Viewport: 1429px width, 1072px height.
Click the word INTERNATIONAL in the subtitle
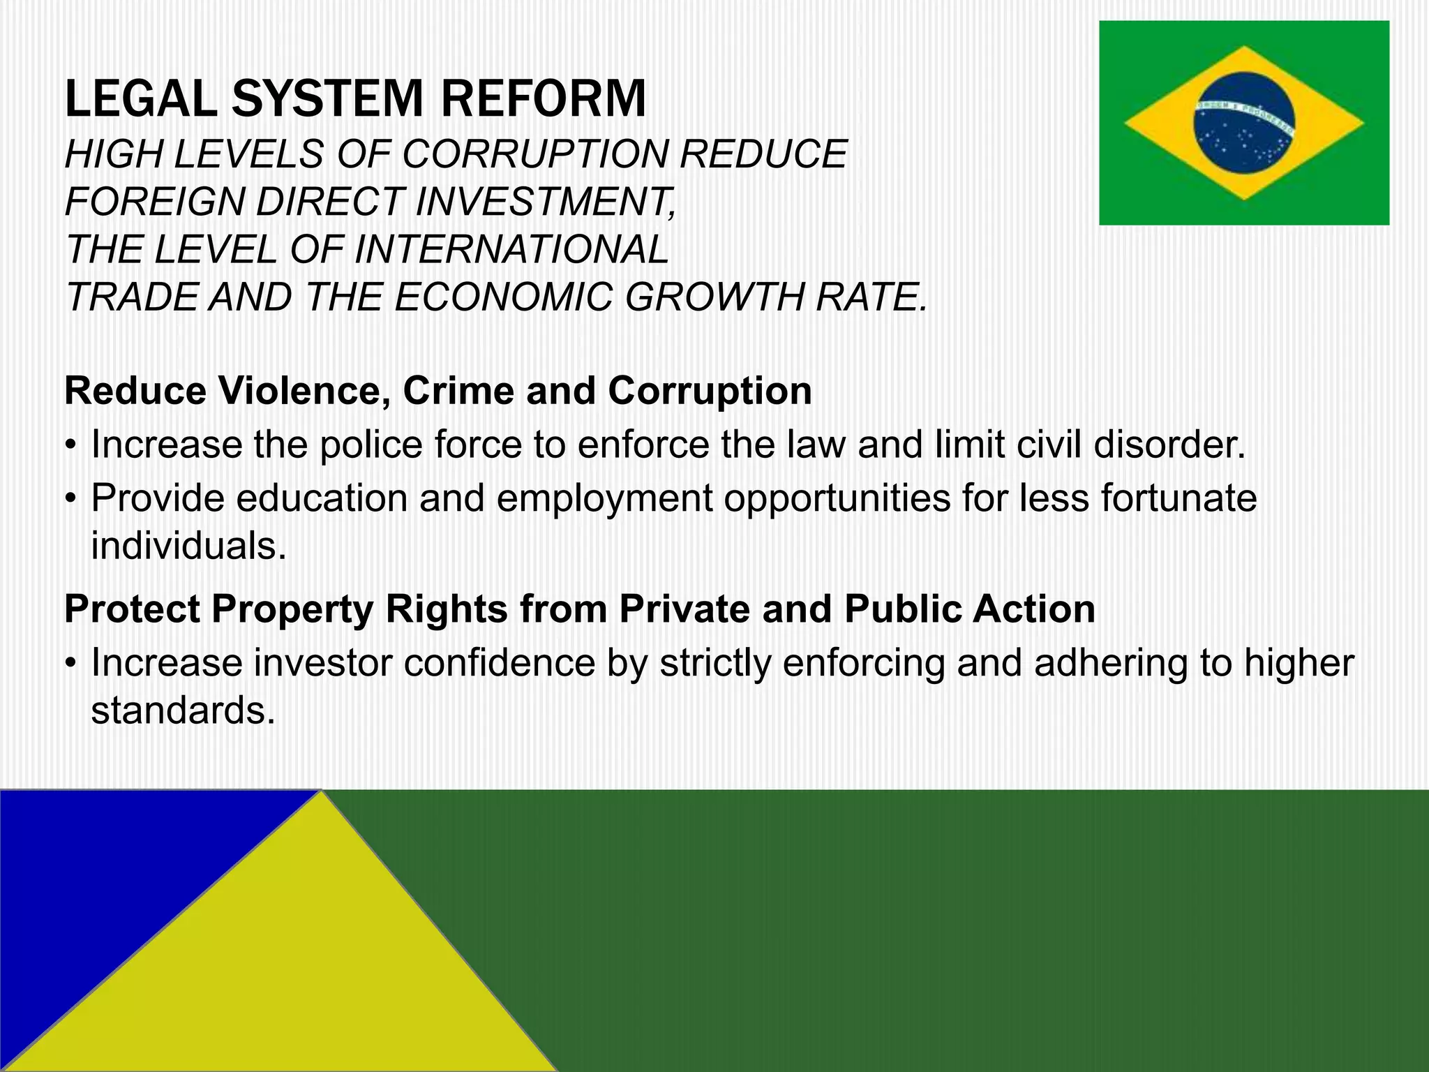(511, 249)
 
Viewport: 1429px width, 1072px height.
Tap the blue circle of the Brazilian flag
(1243, 123)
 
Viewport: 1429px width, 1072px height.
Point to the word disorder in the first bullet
(1169, 445)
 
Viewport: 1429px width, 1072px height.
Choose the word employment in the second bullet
(604, 499)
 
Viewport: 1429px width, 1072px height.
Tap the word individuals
(188, 546)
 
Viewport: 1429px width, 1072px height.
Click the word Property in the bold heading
(292, 609)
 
